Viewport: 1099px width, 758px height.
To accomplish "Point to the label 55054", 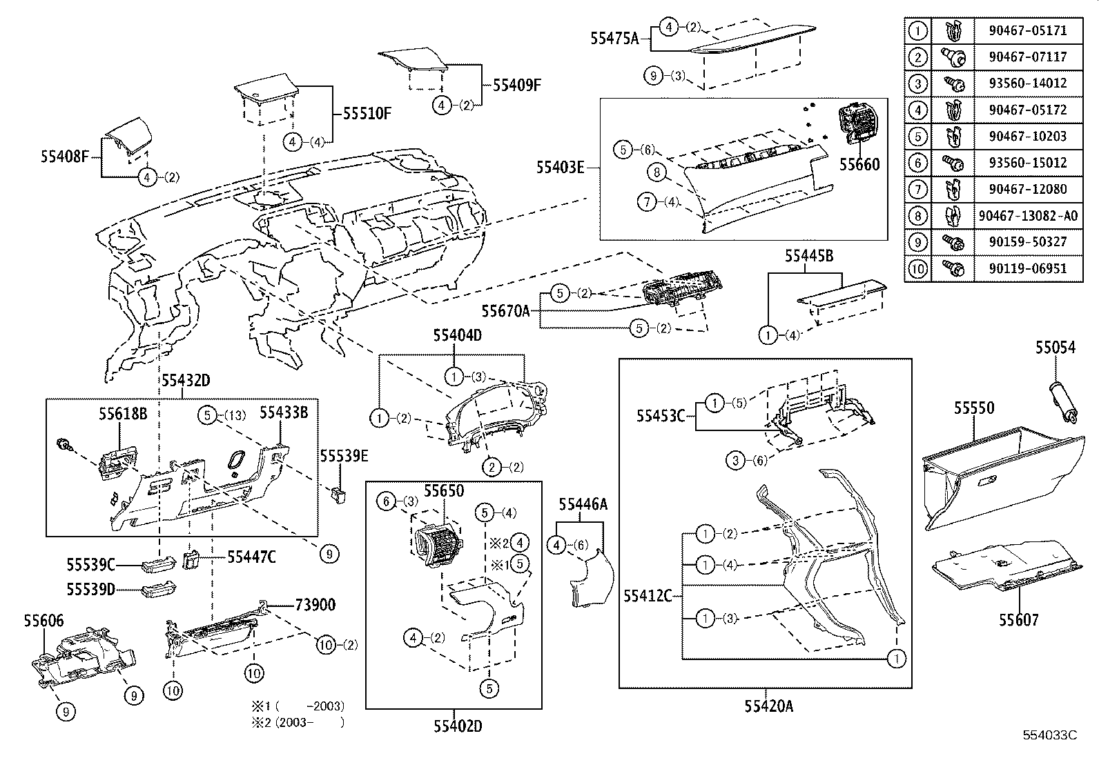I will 1054,348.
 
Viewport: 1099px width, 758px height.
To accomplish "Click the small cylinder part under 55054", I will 1063,400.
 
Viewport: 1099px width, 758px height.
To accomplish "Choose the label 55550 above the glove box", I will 974,408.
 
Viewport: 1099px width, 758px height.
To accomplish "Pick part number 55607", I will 1018,620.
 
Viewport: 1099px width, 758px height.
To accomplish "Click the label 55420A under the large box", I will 768,706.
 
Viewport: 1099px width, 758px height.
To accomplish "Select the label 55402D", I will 458,726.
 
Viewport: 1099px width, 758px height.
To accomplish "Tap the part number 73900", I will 315,605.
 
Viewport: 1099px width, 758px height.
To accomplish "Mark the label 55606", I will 43,621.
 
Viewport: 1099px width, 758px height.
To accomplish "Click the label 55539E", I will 344,456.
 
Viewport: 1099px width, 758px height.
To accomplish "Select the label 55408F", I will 64,157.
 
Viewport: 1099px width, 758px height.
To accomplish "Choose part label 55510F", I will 367,113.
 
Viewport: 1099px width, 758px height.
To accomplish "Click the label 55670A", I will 506,311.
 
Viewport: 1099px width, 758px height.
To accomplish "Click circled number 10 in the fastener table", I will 917,268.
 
